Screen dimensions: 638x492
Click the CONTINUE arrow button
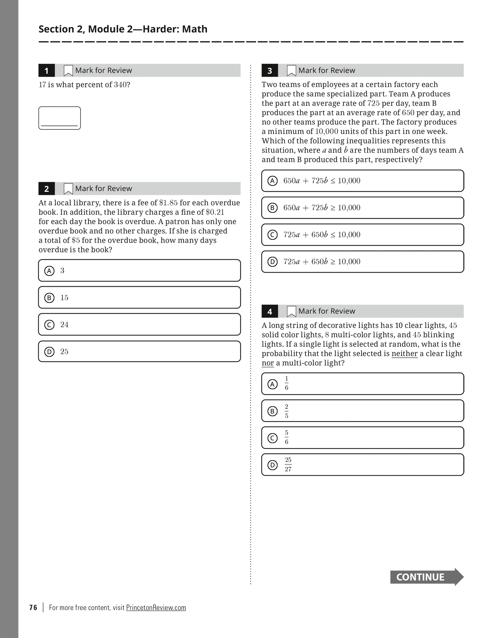coord(426,577)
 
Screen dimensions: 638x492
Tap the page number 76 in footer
coord(33,607)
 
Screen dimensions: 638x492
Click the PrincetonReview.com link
coord(156,607)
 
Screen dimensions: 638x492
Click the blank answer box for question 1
coord(59,118)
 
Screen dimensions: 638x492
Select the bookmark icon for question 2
coord(68,188)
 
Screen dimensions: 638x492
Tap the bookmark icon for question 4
coord(291,311)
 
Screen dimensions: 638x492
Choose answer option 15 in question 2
coord(139,298)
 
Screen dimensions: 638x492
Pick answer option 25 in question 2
coord(139,352)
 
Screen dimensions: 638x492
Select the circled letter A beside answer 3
coord(49,271)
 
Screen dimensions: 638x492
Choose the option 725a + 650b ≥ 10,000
coord(362,262)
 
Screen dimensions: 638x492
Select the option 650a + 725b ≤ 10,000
coord(362,181)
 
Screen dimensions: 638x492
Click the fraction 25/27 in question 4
coord(288,465)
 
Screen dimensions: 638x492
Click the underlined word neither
coord(404,354)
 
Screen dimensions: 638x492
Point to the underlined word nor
coord(268,363)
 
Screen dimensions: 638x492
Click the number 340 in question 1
coord(120,85)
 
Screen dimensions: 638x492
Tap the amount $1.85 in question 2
coord(168,203)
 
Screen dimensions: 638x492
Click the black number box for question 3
coord(269,71)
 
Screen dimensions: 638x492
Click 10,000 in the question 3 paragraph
coord(326,132)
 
